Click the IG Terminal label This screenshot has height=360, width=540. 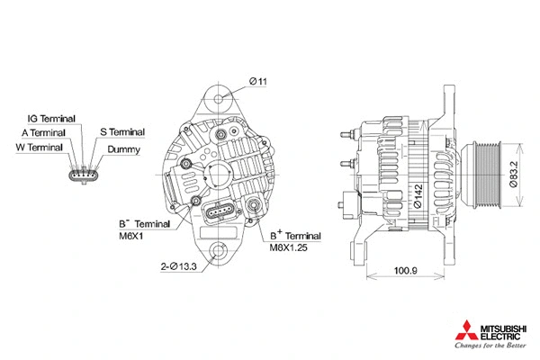coord(51,118)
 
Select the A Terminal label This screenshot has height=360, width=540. coord(42,132)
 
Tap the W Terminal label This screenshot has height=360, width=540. coord(39,147)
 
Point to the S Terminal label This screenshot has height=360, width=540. coord(121,132)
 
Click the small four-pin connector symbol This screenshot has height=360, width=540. coord(82,173)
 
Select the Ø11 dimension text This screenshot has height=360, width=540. coord(258,82)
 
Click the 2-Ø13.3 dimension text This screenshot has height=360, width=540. coord(179,265)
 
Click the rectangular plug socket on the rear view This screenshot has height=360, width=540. coord(221,214)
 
